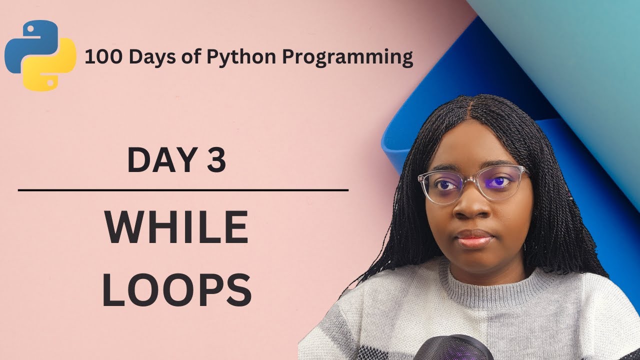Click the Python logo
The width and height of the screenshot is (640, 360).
[40, 55]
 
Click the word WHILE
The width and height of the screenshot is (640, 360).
[176, 228]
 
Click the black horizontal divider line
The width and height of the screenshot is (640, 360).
[183, 190]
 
